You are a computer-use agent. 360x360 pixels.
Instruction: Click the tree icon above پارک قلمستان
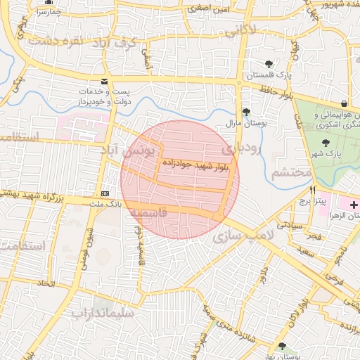(269, 64)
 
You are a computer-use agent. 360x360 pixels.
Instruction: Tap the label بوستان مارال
(259, 123)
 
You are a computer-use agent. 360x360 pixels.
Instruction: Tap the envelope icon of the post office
(105, 82)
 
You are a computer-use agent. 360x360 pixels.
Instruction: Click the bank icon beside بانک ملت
(105, 193)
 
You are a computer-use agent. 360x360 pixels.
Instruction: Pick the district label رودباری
(242, 149)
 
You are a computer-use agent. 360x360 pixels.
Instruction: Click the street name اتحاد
(46, 284)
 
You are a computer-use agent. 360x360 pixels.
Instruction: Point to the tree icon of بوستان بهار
(282, 345)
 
